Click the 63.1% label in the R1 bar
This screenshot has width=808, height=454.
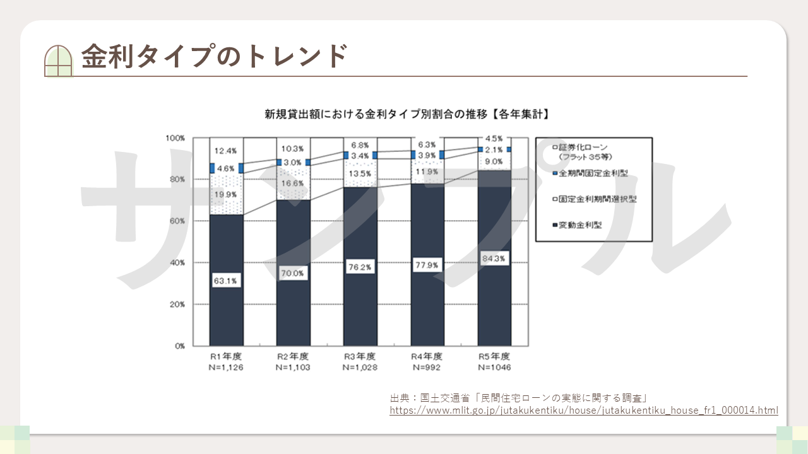click(226, 281)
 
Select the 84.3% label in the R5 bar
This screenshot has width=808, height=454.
click(494, 259)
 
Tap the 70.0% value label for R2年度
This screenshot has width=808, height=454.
click(293, 274)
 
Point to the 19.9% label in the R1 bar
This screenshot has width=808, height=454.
click(226, 194)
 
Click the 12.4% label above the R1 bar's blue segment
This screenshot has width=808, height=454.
click(226, 151)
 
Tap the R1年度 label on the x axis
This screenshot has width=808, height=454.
click(226, 356)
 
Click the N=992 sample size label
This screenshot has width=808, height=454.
click(427, 367)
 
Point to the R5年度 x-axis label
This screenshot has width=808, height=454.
click(494, 356)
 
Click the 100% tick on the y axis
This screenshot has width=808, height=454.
click(175, 138)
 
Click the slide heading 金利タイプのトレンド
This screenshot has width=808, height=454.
click(215, 56)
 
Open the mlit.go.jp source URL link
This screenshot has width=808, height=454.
click(584, 410)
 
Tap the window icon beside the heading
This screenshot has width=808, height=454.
click(59, 61)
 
